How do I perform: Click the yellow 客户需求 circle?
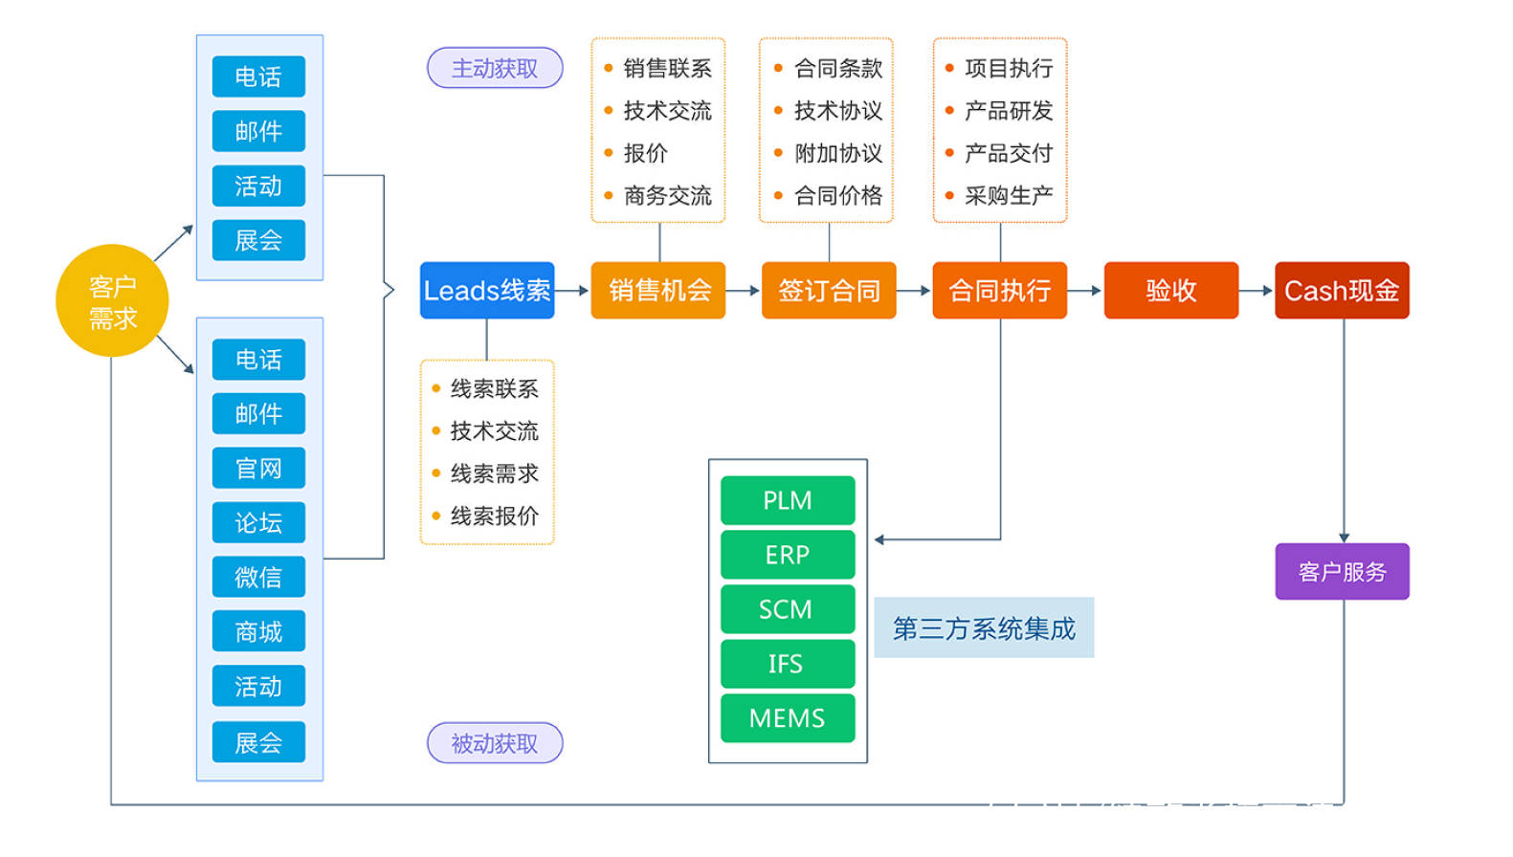[112, 300]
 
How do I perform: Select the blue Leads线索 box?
[487, 290]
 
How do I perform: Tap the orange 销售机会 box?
[658, 290]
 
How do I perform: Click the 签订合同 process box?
[829, 290]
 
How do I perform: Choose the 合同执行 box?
[999, 290]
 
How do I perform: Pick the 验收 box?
[1170, 290]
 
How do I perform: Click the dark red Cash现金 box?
[1342, 290]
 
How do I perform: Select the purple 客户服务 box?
[1342, 571]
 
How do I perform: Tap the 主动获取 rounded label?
[495, 68]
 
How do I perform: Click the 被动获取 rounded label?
[495, 743]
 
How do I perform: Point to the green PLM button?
[787, 500]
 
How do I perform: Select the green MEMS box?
[787, 718]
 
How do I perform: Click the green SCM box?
[787, 609]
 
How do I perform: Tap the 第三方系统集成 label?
[984, 628]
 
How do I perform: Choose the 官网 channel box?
[258, 469]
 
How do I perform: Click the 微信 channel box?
[258, 578]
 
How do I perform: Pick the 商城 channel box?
[258, 632]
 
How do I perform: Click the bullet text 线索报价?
[494, 516]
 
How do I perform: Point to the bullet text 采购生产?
[1008, 196]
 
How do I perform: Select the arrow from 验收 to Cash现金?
[1256, 290]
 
